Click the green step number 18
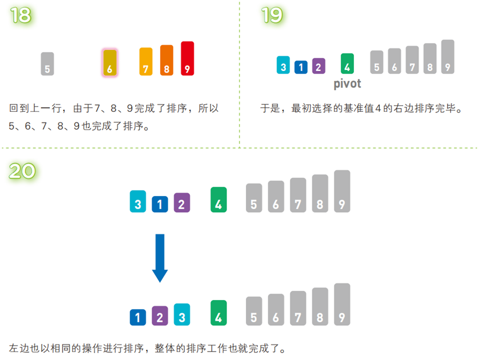(20, 15)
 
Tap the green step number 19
(272, 15)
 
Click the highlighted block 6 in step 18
(110, 63)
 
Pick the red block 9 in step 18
(187, 59)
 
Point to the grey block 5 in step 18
(48, 64)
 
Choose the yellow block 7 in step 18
(146, 61)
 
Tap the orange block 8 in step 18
(167, 60)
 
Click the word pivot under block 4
(347, 84)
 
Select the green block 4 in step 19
(347, 64)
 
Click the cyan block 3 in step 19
(284, 65)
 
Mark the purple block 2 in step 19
(318, 66)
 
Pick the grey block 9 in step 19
(448, 57)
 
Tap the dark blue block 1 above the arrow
(160, 204)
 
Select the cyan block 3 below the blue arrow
(182, 314)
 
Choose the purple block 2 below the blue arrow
(160, 316)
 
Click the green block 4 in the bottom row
(219, 313)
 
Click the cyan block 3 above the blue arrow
(138, 202)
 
